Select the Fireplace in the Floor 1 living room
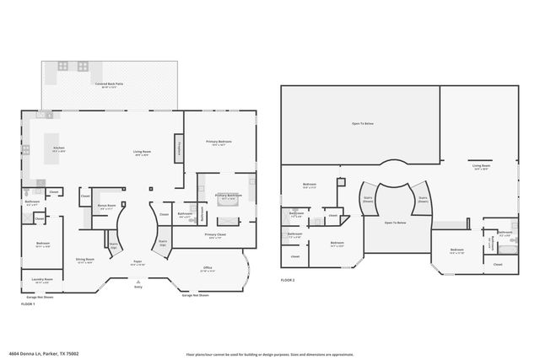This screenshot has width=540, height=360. pos(179,149)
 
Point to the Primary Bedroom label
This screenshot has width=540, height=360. pos(219,142)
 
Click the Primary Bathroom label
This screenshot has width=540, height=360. pos(228,196)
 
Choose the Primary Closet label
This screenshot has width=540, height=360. pos(215,235)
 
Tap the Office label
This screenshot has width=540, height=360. pos(208,270)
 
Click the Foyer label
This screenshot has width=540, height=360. pos(137,264)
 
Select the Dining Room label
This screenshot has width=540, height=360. pos(84,261)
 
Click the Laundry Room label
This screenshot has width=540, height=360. pos(42,280)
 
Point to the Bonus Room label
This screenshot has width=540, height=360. pos(106,205)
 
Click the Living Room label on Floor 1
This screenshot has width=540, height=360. pos(142,153)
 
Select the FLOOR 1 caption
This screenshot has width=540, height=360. pos(29,303)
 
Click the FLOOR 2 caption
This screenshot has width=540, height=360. pos(289,280)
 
